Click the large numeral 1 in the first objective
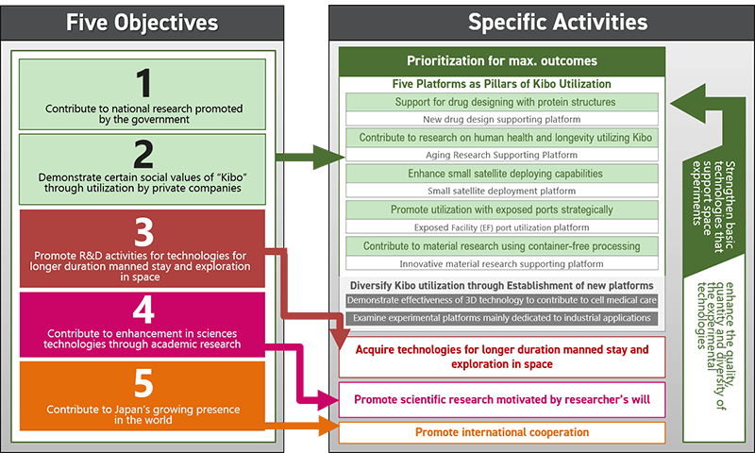click(143, 83)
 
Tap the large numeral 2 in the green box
click(143, 154)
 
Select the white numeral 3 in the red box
click(143, 232)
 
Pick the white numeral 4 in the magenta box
click(143, 310)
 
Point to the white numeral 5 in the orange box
click(143, 384)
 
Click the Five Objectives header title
click(143, 23)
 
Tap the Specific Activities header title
click(558, 22)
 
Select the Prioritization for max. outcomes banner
click(502, 61)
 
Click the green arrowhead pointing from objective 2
click(328, 157)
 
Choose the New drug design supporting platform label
click(502, 119)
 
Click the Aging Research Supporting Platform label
click(502, 155)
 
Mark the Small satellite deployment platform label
click(502, 191)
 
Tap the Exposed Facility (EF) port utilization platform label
click(502, 227)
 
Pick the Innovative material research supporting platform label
click(502, 264)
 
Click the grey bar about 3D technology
click(502, 300)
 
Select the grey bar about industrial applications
click(502, 318)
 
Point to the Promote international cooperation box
click(502, 432)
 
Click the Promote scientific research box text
click(502, 399)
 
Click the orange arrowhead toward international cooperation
click(328, 426)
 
